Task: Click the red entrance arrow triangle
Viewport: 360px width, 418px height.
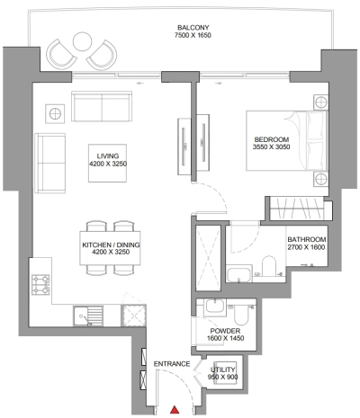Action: click(175, 409)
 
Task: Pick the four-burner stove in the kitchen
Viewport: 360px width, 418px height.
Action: click(40, 287)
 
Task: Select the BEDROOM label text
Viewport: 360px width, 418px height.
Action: click(271, 139)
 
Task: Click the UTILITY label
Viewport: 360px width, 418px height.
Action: click(223, 369)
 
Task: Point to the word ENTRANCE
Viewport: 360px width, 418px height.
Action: click(171, 362)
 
